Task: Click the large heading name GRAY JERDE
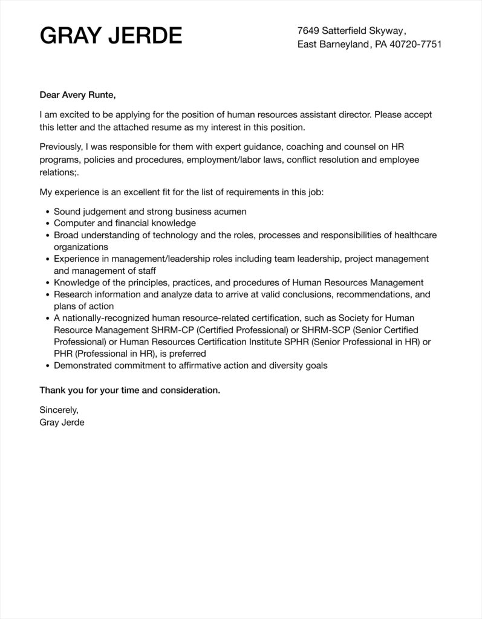(x=111, y=36)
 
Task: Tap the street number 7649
(x=308, y=30)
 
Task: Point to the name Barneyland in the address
(x=344, y=45)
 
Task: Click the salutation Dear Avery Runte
(x=77, y=94)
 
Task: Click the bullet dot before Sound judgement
(x=48, y=212)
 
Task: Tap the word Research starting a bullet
(x=73, y=294)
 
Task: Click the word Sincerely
(x=59, y=410)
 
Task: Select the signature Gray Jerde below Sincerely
(x=62, y=423)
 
